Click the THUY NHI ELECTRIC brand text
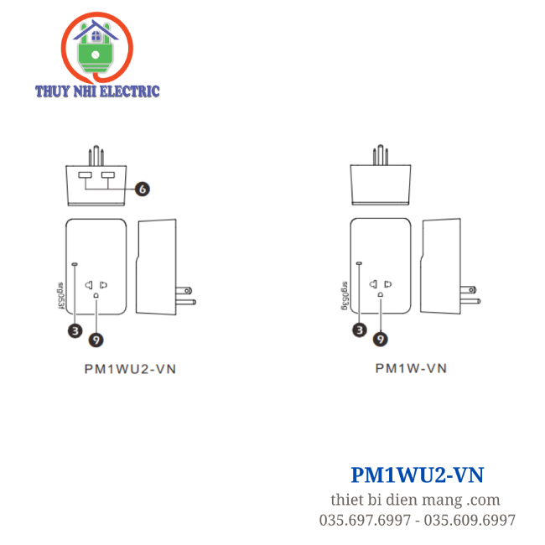pyautogui.click(x=97, y=91)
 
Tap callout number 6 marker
pyautogui.click(x=143, y=189)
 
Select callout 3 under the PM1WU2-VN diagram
pyautogui.click(x=75, y=330)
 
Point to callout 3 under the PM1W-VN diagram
pyautogui.click(x=360, y=330)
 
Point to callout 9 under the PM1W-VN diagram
pyautogui.click(x=381, y=338)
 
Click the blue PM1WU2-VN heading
pyautogui.click(x=417, y=475)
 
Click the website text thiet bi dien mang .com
pyautogui.click(x=415, y=500)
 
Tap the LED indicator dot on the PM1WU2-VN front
pyautogui.click(x=75, y=263)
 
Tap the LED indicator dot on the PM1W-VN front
pyautogui.click(x=360, y=263)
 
